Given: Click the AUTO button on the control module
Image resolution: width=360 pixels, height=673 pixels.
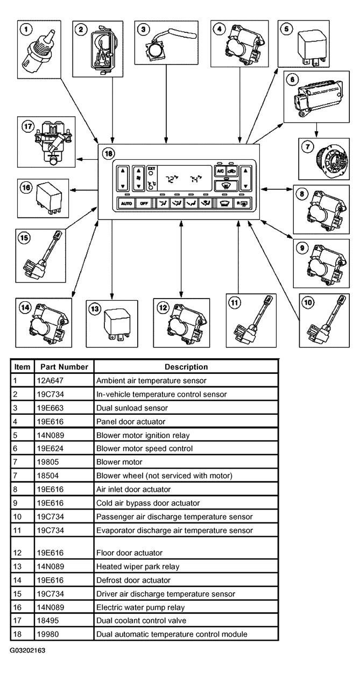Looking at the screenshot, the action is pyautogui.click(x=126, y=203).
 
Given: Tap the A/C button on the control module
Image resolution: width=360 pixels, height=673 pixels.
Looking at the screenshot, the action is pyautogui.click(x=220, y=171).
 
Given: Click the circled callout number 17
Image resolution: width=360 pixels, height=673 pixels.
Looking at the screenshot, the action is pyautogui.click(x=28, y=126).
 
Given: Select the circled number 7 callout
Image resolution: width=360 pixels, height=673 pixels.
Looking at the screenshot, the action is pyautogui.click(x=307, y=147).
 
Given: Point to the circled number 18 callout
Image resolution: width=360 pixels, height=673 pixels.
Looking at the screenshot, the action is pyautogui.click(x=108, y=153).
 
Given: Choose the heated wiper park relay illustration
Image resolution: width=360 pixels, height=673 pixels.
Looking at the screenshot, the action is pyautogui.click(x=117, y=325).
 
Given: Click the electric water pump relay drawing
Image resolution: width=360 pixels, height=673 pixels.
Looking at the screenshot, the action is pyautogui.click(x=48, y=199).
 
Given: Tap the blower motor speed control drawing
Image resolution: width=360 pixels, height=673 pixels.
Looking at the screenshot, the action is pyautogui.click(x=317, y=98).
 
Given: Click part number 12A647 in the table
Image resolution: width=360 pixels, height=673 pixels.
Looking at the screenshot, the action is pyautogui.click(x=50, y=381).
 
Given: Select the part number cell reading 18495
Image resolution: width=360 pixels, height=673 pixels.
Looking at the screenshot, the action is pyautogui.click(x=48, y=620).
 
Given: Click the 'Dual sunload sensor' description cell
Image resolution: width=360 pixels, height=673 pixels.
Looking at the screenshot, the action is pyautogui.click(x=132, y=408).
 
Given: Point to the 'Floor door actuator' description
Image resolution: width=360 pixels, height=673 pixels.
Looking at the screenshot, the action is pyautogui.click(x=129, y=553).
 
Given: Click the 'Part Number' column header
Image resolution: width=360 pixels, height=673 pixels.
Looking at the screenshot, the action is pyautogui.click(x=65, y=367).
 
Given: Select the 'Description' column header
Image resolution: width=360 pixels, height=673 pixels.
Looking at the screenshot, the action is pyautogui.click(x=186, y=367).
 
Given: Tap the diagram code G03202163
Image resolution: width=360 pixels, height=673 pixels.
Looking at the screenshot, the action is pyautogui.click(x=27, y=650).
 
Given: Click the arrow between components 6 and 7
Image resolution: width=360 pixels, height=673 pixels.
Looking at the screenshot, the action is pyautogui.click(x=316, y=130).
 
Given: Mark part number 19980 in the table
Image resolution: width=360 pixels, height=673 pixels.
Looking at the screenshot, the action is pyautogui.click(x=48, y=634).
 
